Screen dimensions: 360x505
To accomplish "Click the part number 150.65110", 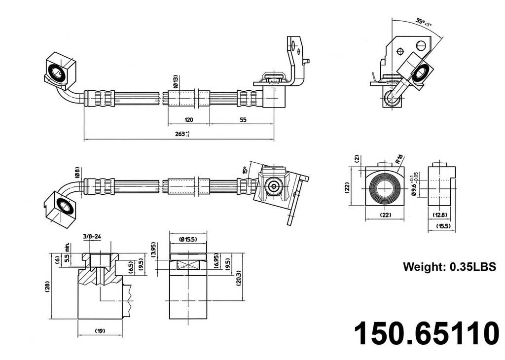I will pyautogui.click(x=427, y=334).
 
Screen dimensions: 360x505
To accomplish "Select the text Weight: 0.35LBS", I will pyautogui.click(x=449, y=267).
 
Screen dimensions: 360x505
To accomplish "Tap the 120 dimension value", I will pyautogui.click(x=188, y=120).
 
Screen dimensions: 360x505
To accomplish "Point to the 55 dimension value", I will pyautogui.click(x=243, y=120).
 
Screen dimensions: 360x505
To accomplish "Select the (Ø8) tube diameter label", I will pyautogui.click(x=77, y=172).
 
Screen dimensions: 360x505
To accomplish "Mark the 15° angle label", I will pyautogui.click(x=244, y=171).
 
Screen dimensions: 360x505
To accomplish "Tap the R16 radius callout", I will pyautogui.click(x=399, y=159).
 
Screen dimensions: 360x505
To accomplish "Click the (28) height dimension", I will pyautogui.click(x=47, y=286).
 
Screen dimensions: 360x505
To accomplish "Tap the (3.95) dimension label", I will pyautogui.click(x=154, y=250).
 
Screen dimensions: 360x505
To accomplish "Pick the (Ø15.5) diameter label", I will pyautogui.click(x=188, y=239).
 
